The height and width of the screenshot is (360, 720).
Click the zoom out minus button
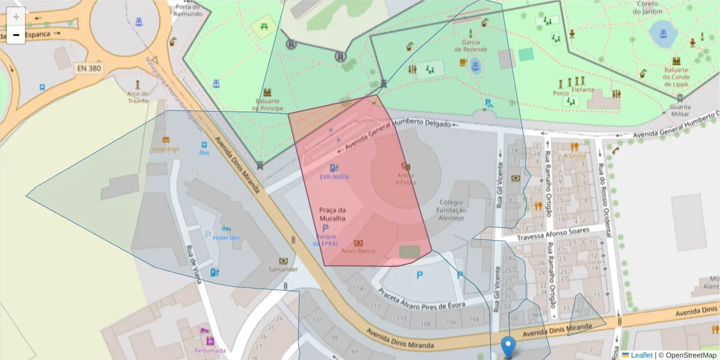[16, 35]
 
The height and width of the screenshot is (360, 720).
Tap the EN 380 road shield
[89, 68]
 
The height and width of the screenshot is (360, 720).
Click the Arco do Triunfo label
[138, 97]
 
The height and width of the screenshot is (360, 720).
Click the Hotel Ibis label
[226, 238]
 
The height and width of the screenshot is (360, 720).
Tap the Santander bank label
[283, 269]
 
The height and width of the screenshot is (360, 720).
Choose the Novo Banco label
[358, 251]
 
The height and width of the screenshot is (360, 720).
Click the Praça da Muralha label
[332, 214]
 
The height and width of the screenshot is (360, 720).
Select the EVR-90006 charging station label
[334, 177]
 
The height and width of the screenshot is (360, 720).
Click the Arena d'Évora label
[406, 178]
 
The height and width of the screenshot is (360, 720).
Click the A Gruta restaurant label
[574, 155]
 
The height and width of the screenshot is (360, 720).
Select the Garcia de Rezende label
[470, 46]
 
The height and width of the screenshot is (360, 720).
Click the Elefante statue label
[583, 90]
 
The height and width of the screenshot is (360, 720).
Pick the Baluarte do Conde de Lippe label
[676, 74]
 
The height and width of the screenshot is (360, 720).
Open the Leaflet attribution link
[641, 355]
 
